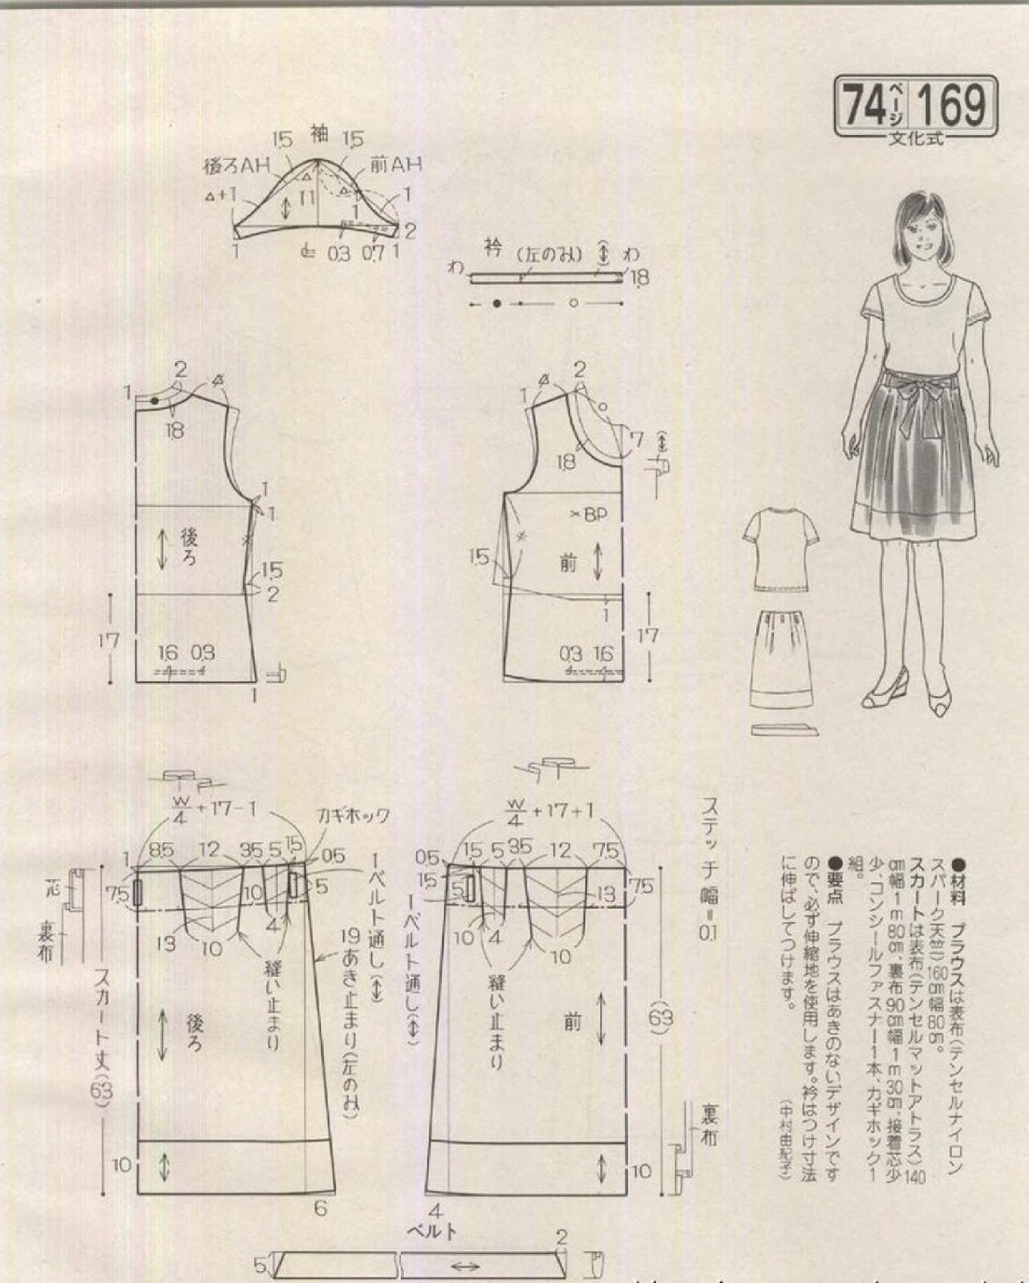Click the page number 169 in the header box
coord(952,104)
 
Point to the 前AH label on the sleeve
coord(395,164)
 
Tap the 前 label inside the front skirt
coord(572,1022)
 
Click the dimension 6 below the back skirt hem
coord(320,1207)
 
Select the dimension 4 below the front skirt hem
coord(436,1210)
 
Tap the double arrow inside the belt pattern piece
coord(466,1267)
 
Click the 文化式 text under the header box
coord(916,138)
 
